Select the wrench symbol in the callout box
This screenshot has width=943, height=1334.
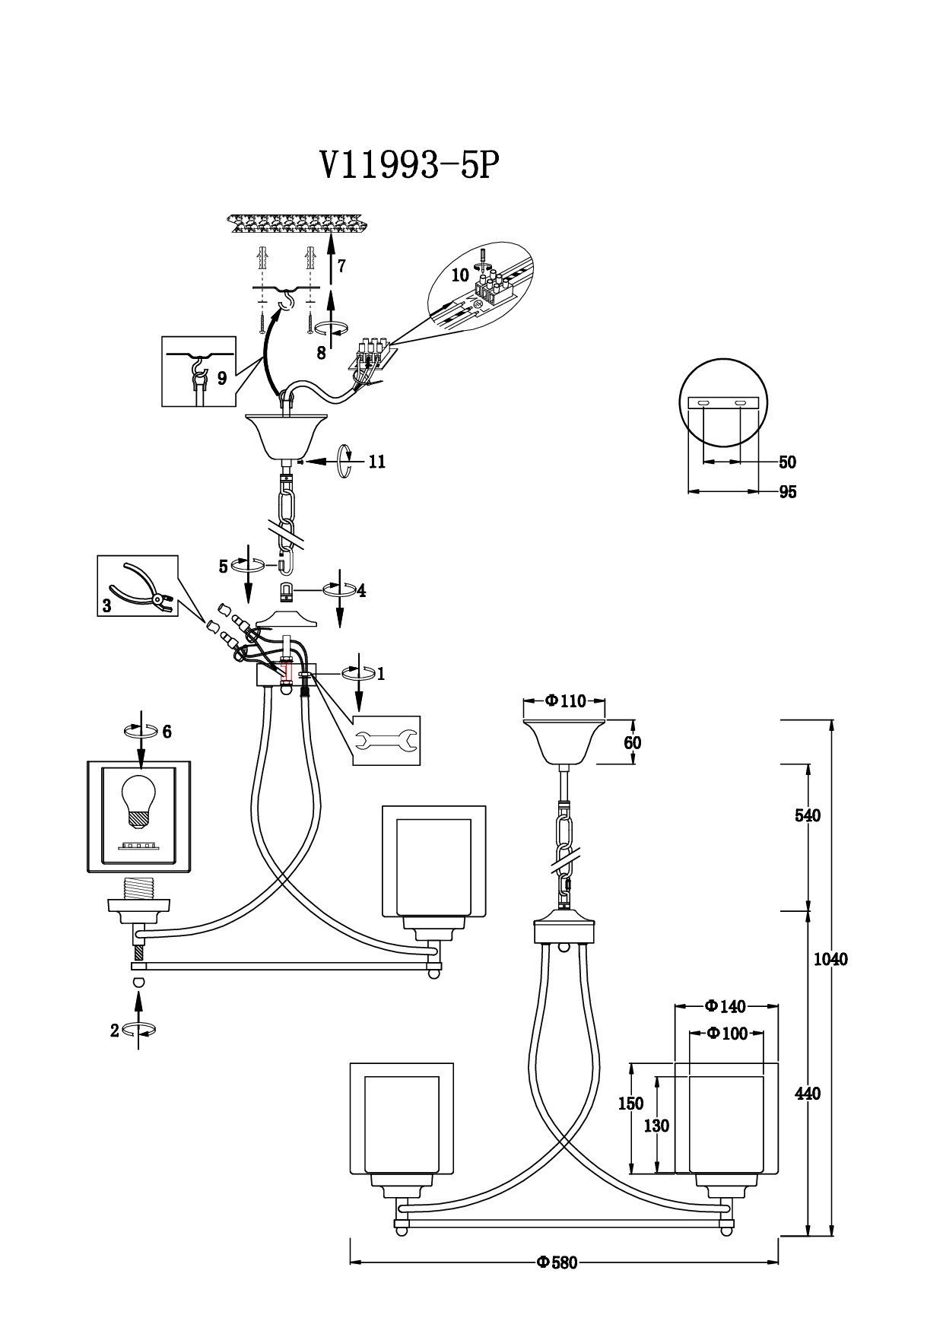coord(386,740)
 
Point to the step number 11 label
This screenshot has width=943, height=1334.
coord(376,462)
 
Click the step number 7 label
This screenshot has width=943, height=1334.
coord(342,266)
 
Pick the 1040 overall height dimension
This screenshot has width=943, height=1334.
coord(830,959)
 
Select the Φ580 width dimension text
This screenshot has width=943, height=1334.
coord(557,1263)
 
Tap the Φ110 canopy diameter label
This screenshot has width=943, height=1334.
coord(566,701)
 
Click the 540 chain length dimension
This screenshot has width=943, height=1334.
coord(808,815)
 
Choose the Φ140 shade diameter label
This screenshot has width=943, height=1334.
coord(726,1006)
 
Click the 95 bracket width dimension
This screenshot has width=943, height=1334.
coord(788,492)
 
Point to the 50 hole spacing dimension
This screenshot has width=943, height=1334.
coord(788,462)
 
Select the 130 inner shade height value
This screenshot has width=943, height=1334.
coord(656,1126)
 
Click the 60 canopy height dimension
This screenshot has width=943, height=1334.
coord(633,742)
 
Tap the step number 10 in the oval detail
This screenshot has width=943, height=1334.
coord(461,276)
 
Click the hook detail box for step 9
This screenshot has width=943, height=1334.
coord(198,371)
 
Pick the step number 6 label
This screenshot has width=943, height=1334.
coord(167,732)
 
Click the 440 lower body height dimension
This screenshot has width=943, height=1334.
coord(808,1094)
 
